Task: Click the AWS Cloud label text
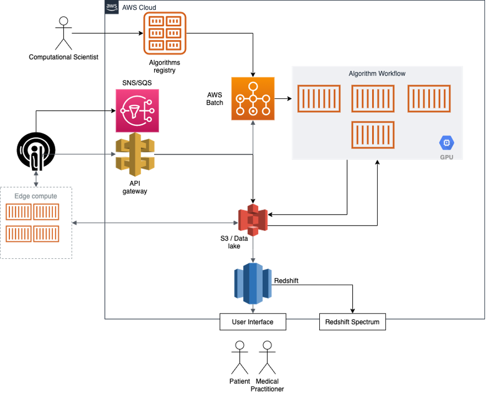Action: (x=139, y=7)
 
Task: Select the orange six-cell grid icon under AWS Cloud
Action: (x=165, y=33)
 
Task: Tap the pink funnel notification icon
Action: (x=137, y=111)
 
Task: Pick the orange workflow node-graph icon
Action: (x=253, y=98)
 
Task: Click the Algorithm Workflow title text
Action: (x=377, y=74)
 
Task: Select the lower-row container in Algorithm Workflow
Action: (x=373, y=135)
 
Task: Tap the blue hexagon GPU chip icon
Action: (x=446, y=143)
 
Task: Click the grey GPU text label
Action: (x=446, y=157)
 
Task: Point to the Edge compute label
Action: (x=36, y=196)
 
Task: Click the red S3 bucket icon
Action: (x=253, y=220)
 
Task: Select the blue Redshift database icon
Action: (x=253, y=282)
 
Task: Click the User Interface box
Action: (x=253, y=322)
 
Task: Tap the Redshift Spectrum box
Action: (x=352, y=322)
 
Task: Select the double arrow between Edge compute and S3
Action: (x=154, y=224)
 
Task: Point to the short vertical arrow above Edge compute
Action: (x=36, y=178)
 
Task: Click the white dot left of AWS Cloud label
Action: (x=63, y=21)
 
